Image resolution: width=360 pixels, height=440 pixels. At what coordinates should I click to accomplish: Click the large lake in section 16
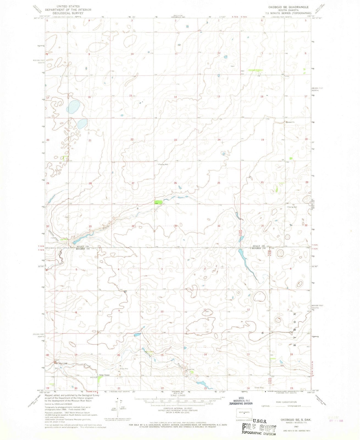(74, 107)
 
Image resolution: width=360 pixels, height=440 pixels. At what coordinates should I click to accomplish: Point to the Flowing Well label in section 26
(163, 164)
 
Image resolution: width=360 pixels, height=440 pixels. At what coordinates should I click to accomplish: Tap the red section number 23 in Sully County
(175, 140)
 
